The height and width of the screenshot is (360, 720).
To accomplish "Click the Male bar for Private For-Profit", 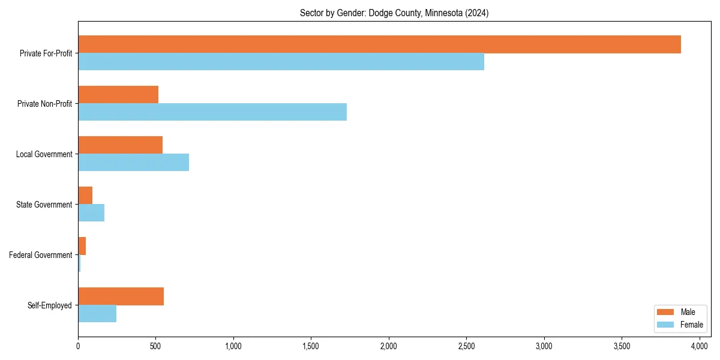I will click(379, 44).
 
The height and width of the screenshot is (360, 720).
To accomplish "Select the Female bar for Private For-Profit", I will click(281, 62).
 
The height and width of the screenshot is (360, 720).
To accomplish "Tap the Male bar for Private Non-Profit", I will click(118, 95).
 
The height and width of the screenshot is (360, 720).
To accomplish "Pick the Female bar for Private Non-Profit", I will click(212, 112).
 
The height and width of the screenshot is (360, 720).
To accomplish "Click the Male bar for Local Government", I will click(120, 145).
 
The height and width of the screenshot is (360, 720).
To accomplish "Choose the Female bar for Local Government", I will click(133, 163).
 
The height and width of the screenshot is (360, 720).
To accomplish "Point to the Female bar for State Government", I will click(91, 213).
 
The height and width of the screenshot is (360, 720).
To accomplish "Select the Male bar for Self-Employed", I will click(121, 296).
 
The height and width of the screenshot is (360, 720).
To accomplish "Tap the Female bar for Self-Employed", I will click(97, 314).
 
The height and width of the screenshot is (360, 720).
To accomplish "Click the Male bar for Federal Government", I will click(82, 246).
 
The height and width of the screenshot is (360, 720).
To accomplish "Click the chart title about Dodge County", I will click(394, 13).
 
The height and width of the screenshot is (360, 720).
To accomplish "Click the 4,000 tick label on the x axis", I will click(699, 346).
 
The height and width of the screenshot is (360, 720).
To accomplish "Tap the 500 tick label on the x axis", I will click(155, 346).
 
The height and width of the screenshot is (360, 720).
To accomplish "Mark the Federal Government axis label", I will click(41, 255).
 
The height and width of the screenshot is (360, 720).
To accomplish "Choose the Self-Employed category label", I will click(50, 305).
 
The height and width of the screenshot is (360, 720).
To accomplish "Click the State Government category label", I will click(44, 205).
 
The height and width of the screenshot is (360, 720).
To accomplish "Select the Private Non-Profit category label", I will click(45, 104).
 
